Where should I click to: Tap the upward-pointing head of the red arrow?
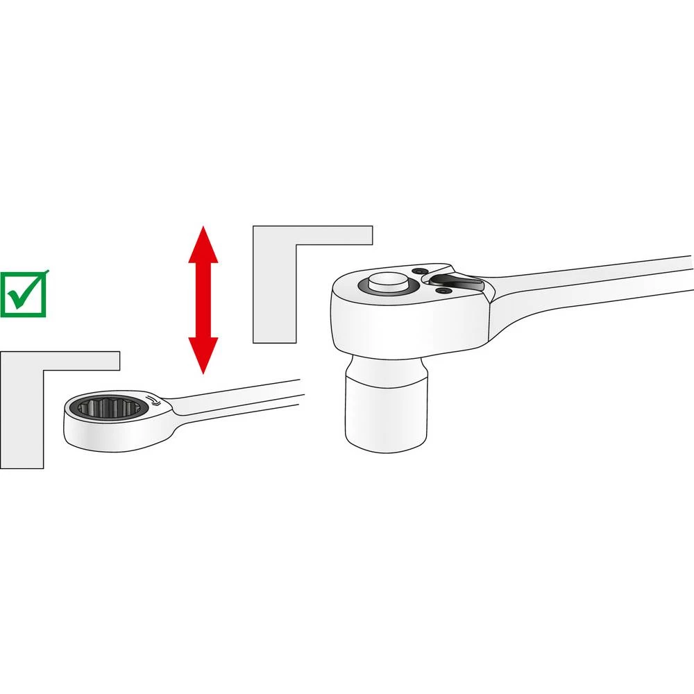click(x=203, y=246)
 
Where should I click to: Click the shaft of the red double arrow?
click(x=203, y=300)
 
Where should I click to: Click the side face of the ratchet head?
click(x=409, y=326)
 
